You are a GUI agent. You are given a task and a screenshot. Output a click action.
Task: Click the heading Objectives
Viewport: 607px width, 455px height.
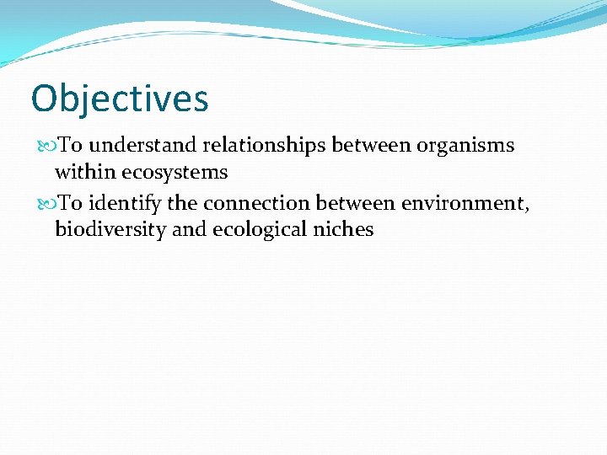coord(119,99)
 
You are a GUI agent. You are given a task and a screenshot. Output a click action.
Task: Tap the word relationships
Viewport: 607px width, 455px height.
coord(266,146)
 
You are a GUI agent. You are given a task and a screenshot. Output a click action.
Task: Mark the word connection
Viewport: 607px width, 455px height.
coord(257,202)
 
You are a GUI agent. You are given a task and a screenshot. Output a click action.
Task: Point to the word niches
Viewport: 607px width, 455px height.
coord(345,229)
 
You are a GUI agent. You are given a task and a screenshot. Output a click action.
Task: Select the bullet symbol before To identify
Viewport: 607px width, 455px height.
coord(46,203)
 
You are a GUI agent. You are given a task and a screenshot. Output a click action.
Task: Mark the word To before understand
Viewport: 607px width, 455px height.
coord(69,146)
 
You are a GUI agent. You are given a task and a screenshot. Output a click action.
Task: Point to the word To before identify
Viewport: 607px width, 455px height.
coord(69,202)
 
